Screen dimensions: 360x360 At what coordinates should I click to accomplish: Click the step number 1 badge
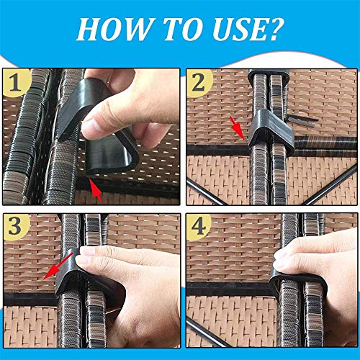(16, 83)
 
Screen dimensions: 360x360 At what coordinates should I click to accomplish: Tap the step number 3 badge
(16, 226)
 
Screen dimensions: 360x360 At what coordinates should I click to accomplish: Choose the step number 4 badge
(199, 226)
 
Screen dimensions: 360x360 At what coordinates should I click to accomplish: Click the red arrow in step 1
(96, 189)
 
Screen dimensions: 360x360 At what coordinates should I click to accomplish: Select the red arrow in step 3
(57, 266)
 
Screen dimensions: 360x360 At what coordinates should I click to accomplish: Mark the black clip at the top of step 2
(269, 76)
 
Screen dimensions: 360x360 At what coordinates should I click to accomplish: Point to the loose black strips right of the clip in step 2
(302, 120)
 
